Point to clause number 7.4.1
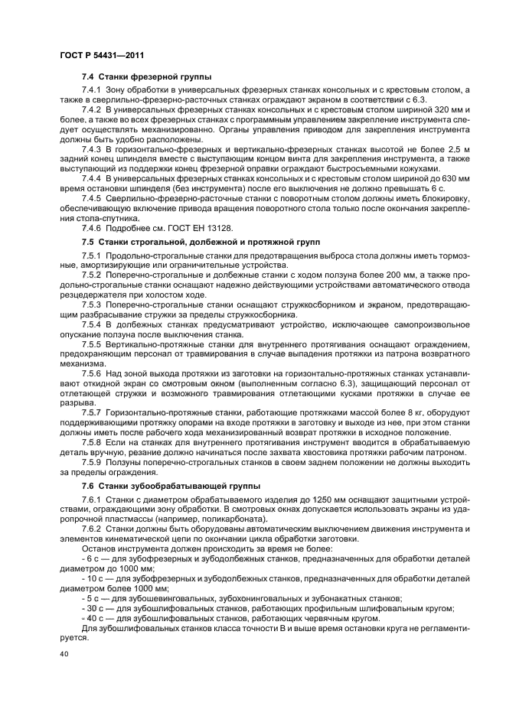[93, 91]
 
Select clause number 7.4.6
[93, 228]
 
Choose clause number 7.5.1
[93, 254]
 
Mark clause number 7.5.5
[93, 345]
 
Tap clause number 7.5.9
[93, 463]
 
